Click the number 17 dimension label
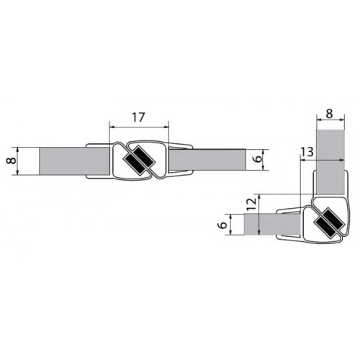tap(138, 117)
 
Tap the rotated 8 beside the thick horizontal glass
tap(11, 161)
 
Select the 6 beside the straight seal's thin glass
tap(258, 159)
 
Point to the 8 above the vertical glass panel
tap(330, 114)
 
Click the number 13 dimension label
tap(307, 152)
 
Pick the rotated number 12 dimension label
tap(250, 204)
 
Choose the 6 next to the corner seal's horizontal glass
tap(223, 225)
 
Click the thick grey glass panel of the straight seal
tap(75, 161)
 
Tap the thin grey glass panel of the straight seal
tap(207, 160)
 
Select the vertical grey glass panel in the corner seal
tap(330, 162)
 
